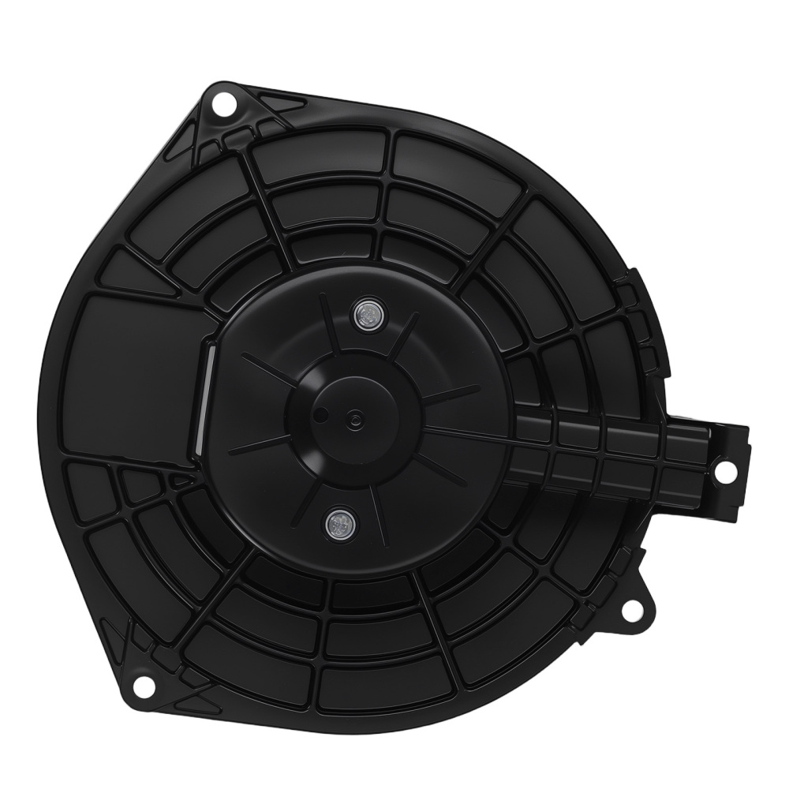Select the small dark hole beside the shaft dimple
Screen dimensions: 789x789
pos(321,413)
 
